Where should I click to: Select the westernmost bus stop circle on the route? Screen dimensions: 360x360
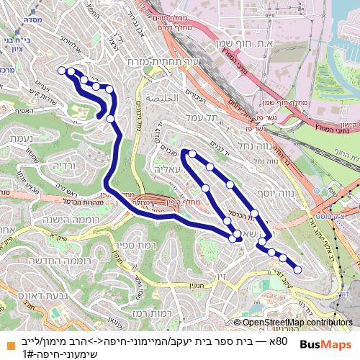(x=60, y=71)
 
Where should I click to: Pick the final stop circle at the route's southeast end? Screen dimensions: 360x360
(x=297, y=270)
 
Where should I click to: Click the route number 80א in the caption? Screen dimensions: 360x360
(x=281, y=339)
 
